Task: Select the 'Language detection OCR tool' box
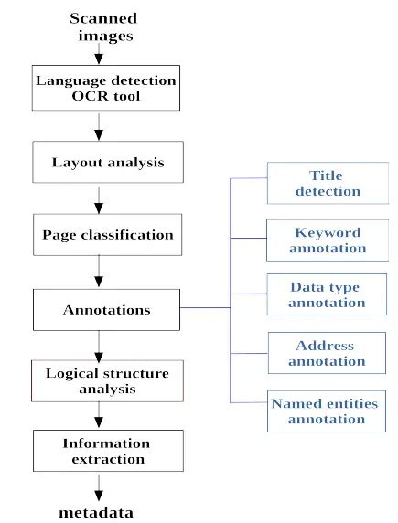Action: (106, 88)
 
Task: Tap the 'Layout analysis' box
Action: (106, 162)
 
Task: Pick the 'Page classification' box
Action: (106, 234)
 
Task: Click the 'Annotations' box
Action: (106, 310)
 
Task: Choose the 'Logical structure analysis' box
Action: (106, 381)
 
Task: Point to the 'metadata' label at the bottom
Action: (96, 512)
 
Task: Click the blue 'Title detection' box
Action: (325, 184)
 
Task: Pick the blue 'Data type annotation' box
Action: (325, 294)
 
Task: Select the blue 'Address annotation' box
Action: (325, 353)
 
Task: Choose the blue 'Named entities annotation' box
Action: (325, 411)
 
